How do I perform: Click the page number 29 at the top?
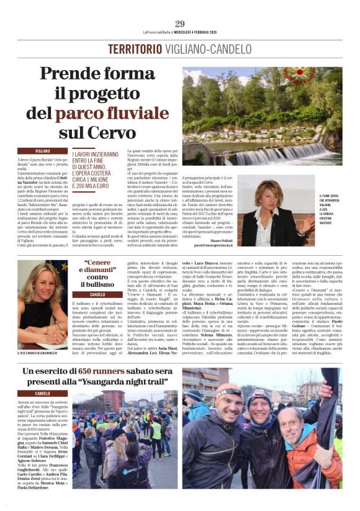click(x=180, y=24)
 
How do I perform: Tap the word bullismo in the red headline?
click(x=97, y=284)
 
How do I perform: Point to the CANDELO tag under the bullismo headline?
click(x=97, y=294)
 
